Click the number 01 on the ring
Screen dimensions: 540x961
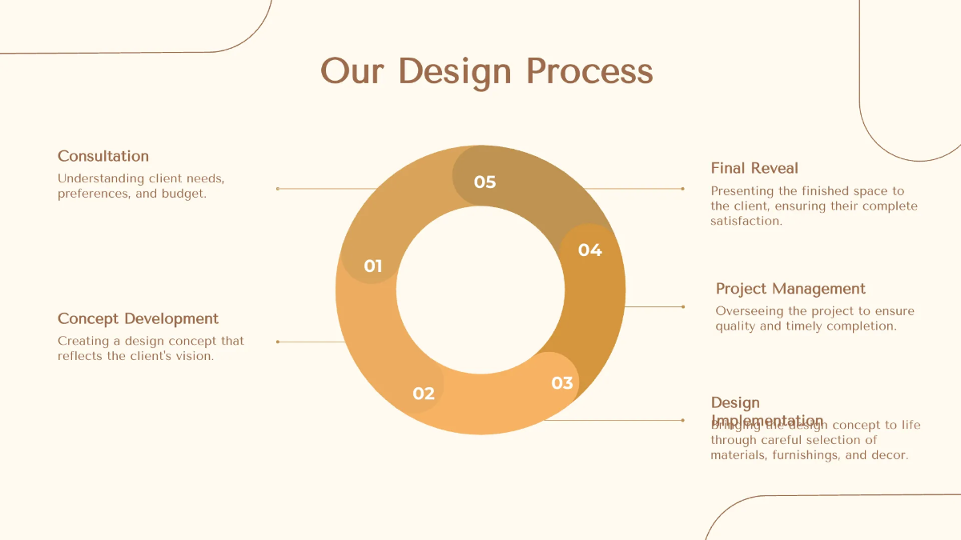click(373, 266)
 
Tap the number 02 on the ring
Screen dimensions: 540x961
click(424, 394)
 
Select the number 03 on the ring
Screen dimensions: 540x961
click(562, 383)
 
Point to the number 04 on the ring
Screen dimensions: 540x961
click(589, 250)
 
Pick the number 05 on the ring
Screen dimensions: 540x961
click(485, 182)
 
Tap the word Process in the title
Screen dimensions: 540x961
click(589, 71)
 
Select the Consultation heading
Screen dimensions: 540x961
click(103, 156)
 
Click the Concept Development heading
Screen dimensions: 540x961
click(138, 318)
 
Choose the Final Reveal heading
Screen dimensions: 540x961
click(754, 168)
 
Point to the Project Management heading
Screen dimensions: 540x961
click(790, 289)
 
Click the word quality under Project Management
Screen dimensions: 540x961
click(735, 326)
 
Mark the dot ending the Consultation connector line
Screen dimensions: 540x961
click(277, 189)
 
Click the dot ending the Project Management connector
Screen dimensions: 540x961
click(683, 306)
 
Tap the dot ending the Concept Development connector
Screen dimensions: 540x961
click(277, 342)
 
